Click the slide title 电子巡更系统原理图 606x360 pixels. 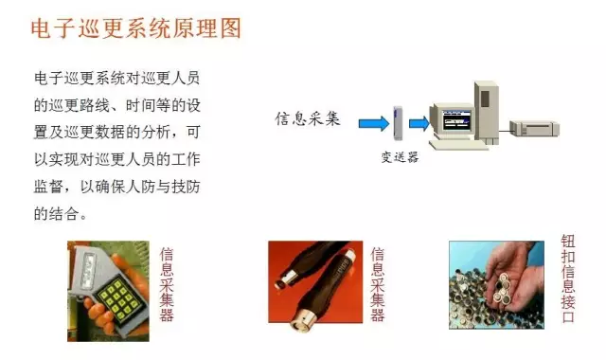coord(136,28)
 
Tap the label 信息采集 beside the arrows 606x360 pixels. coord(308,118)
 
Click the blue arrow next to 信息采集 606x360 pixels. coord(374,123)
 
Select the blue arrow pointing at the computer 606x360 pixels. coord(419,123)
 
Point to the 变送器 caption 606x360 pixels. coord(400,157)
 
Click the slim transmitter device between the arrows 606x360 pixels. coord(398,123)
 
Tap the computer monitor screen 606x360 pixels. coord(456,120)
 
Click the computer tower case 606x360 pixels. coord(487,112)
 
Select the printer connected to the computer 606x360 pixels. coord(534,128)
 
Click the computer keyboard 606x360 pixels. coord(458,145)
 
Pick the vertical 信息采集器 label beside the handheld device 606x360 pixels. coord(167,284)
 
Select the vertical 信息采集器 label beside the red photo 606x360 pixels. coord(378,284)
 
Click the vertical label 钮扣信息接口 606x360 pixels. coord(568,279)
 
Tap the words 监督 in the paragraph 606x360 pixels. coord(48,187)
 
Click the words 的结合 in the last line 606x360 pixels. coord(56,213)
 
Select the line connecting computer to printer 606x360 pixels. coord(505,131)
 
